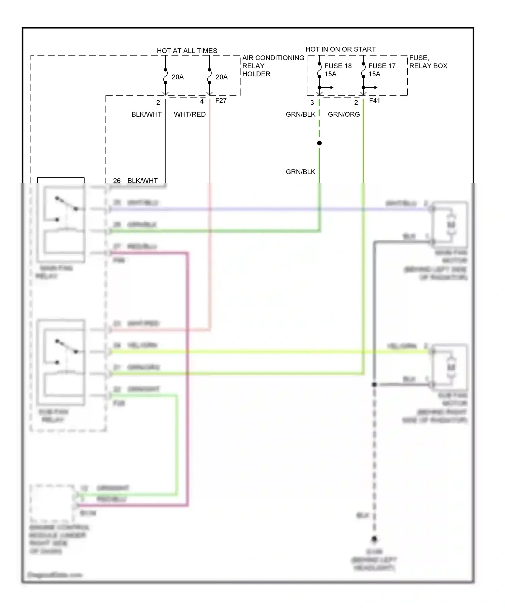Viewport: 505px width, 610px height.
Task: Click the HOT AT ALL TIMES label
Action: [x=187, y=51]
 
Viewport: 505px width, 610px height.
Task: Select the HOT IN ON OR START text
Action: [x=340, y=49]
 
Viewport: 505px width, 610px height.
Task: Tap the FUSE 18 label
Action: [x=338, y=66]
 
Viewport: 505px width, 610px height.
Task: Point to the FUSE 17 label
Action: [x=382, y=66]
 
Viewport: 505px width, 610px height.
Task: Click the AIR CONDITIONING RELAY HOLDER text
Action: [x=273, y=66]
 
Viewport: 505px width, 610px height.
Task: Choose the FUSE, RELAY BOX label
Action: [x=428, y=62]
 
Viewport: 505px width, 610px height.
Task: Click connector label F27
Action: [x=221, y=101]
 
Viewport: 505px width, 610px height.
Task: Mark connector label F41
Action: [x=374, y=101]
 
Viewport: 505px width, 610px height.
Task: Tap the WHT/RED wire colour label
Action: [x=190, y=114]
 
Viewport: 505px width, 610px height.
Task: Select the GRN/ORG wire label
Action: [x=344, y=114]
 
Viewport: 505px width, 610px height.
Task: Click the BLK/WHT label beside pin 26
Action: [x=142, y=181]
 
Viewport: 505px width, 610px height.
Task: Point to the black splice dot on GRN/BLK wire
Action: [x=319, y=143]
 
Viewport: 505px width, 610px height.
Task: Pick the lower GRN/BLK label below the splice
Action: [x=300, y=172]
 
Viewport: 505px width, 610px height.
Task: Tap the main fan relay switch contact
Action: [x=67, y=204]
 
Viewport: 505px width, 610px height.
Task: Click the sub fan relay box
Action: [x=61, y=362]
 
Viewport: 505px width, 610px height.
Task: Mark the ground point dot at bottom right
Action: [x=374, y=539]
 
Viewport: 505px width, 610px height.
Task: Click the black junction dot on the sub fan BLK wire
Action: [x=374, y=384]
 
